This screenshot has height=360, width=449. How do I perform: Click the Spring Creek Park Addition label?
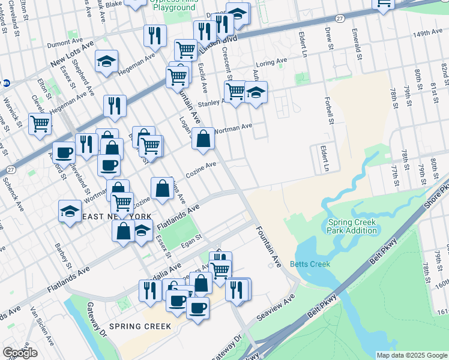pos(352,226)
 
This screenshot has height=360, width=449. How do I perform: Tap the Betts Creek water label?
pos(310,264)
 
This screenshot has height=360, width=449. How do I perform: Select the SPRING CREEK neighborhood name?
pos(136,326)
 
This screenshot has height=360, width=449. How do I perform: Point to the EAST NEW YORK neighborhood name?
pos(117,216)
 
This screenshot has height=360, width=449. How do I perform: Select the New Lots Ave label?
pos(73,54)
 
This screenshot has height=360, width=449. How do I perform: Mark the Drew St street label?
pos(328,37)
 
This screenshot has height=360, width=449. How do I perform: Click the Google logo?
pos(20,353)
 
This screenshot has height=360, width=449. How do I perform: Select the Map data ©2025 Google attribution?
pos(411,355)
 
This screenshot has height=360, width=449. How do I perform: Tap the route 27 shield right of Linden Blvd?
pos(339,20)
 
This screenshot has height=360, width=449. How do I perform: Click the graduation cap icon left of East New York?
pos(70,211)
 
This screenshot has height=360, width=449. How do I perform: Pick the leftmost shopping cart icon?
pos(40,124)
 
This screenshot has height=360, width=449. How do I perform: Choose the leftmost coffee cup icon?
pos(64,152)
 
